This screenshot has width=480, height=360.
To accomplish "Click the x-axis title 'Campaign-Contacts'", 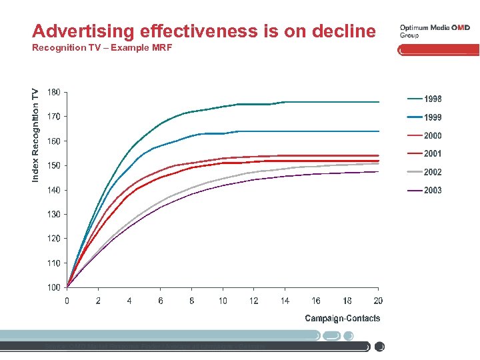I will [343, 318].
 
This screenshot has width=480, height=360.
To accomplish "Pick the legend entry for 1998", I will [424, 99].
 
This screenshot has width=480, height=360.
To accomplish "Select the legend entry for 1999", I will [424, 117].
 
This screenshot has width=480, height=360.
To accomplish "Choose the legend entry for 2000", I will [424, 136].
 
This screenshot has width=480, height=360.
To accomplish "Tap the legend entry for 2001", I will [424, 154].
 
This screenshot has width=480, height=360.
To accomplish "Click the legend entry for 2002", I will [424, 172].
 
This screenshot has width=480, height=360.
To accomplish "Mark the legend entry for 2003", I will [424, 191].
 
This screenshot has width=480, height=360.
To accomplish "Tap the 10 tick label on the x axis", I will [223, 301].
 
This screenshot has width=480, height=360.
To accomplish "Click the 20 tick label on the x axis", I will [378, 301].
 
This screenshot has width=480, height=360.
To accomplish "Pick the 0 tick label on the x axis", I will [67, 301].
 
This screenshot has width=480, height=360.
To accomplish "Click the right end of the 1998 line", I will [378, 102].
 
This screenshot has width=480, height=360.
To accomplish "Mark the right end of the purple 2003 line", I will [378, 171].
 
